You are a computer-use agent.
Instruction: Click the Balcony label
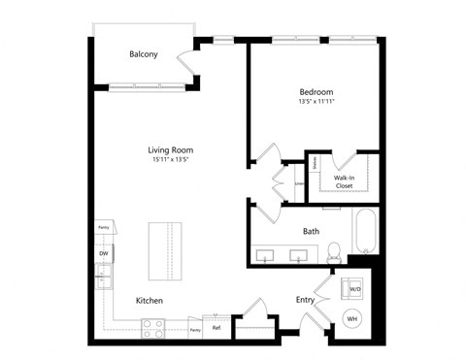coord(144,54)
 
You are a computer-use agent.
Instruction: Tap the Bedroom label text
coord(316,93)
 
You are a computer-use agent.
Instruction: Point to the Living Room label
coord(170,150)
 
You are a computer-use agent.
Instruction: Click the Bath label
coord(311,232)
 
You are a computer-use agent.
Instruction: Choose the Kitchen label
coord(149,301)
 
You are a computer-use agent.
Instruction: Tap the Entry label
coord(305,300)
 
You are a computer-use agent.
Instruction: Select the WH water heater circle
coord(352,318)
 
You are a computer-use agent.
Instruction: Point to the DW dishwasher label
coord(103,254)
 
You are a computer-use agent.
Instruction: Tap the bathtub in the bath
coord(364,231)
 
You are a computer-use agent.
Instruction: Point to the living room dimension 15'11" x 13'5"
coord(170,161)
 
